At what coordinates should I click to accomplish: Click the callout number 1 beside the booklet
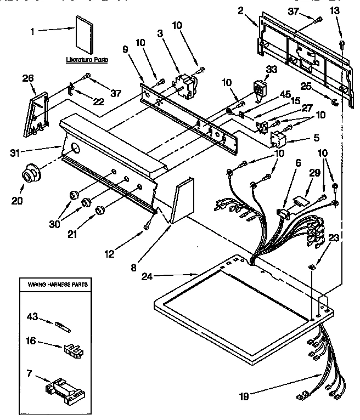[x=32, y=32]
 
